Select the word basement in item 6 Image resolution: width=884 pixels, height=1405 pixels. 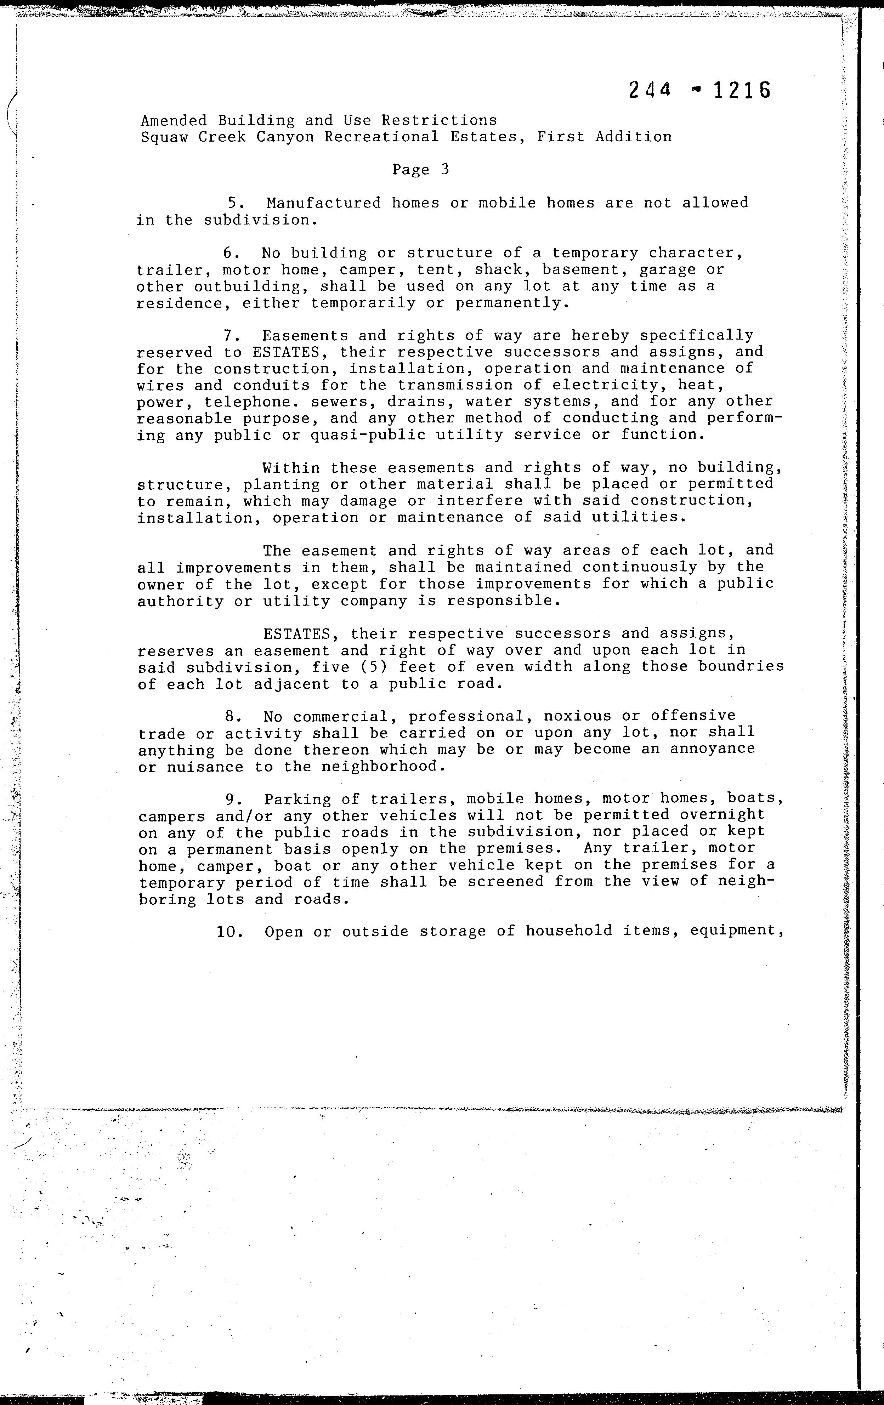click(x=580, y=269)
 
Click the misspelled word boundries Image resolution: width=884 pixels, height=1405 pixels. click(x=741, y=667)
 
